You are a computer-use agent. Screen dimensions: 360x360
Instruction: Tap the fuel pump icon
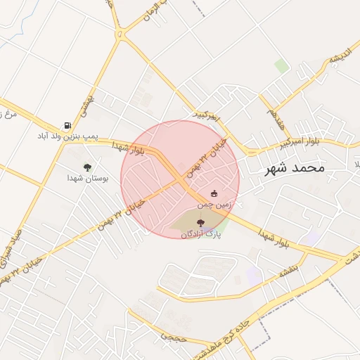[67, 125]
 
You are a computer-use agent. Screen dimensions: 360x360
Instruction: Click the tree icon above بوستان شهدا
[87, 167]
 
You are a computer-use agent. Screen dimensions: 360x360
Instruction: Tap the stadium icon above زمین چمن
[214, 193]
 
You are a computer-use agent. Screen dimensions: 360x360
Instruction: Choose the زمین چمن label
[214, 204]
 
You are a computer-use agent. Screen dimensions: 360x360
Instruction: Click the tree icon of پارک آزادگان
[200, 223]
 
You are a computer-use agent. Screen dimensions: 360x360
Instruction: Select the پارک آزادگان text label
[200, 233]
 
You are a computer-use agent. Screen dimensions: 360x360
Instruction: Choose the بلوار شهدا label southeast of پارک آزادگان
[274, 237]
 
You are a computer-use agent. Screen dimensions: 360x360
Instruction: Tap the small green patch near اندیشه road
[282, 66]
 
